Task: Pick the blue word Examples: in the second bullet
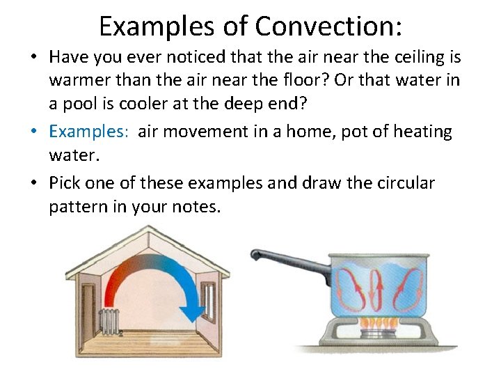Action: point(88,132)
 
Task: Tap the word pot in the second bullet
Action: point(352,132)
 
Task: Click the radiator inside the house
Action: point(111,320)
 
